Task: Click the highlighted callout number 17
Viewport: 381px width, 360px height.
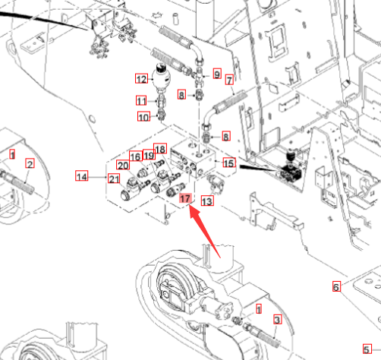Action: [x=185, y=198]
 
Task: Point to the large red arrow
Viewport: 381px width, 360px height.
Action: [x=205, y=232]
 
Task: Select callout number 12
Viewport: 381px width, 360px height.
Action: [x=141, y=78]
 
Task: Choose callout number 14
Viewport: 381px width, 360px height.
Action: [x=82, y=175]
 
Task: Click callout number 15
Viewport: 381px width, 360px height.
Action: [x=229, y=163]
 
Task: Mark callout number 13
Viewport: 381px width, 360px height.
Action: [x=207, y=201]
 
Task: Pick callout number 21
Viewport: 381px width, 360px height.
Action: [x=114, y=178]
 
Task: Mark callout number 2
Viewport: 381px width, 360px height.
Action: [x=30, y=163]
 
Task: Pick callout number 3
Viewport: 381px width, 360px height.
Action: [x=277, y=319]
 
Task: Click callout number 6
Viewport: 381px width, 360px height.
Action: [x=336, y=286]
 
